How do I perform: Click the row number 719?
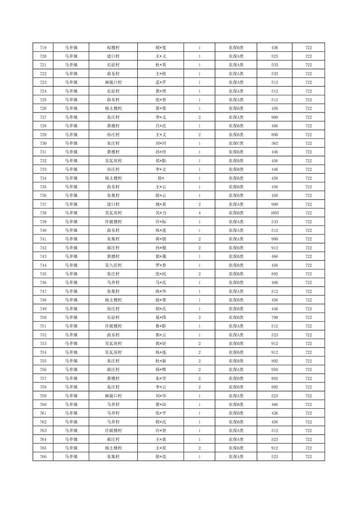[x=43, y=48]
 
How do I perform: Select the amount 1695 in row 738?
[x=274, y=213]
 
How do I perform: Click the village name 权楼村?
[x=113, y=48]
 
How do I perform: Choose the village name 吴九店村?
[x=113, y=265]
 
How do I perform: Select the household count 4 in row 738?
[x=199, y=213]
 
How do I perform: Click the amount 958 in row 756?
[x=274, y=370]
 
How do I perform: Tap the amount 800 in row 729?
[x=274, y=135]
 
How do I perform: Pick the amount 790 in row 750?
[x=274, y=318]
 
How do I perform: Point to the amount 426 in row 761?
[x=274, y=413]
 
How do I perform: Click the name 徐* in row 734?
[x=161, y=178]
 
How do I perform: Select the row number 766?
[x=43, y=456]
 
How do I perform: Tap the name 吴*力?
[x=161, y=213]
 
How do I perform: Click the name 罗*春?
[x=161, y=265]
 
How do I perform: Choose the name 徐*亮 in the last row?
[x=161, y=456]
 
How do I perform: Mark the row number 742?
[x=43, y=248]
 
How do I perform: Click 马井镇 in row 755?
[x=71, y=361]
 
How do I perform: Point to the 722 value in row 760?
[x=309, y=404]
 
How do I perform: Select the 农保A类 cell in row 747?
[x=236, y=291]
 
